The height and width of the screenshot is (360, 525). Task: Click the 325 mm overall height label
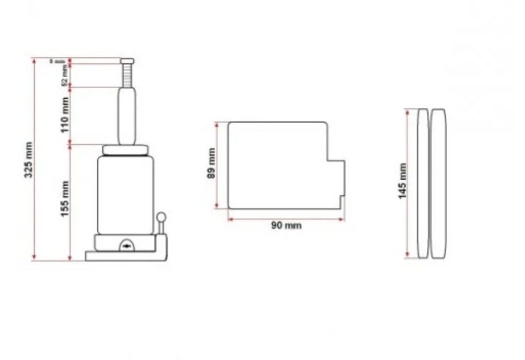(28, 160)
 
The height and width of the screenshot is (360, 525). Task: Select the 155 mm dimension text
(65, 199)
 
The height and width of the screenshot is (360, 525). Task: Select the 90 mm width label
(286, 226)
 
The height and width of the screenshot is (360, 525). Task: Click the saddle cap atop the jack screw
(126, 60)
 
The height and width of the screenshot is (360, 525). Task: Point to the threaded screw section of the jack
(126, 75)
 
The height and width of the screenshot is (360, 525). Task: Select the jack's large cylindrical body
(125, 195)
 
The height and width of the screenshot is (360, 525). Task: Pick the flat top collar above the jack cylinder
(126, 150)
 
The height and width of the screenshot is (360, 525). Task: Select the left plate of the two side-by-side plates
(423, 183)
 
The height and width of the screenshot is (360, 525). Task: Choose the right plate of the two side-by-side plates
(438, 183)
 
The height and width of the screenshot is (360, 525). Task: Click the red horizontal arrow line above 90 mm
(286, 219)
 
